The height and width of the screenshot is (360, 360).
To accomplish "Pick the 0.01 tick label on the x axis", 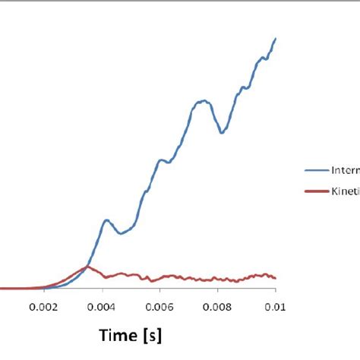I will click(x=275, y=307).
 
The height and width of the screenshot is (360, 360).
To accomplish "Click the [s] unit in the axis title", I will click(x=153, y=335).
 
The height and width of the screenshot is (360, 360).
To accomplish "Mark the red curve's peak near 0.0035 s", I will click(x=87, y=267).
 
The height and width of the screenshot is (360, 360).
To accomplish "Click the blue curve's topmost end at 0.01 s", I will click(x=275, y=38).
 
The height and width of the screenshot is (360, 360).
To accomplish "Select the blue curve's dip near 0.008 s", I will click(x=221, y=133).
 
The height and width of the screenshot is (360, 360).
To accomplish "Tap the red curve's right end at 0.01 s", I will click(x=275, y=278).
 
